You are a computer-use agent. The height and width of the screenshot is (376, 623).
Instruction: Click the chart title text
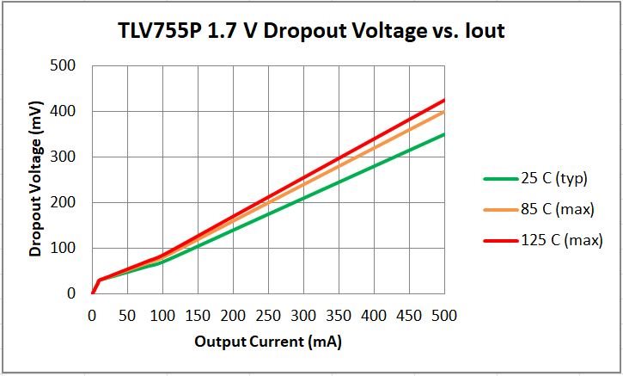pos(310,32)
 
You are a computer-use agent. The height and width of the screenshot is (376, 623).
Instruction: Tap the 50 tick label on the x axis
pos(127,315)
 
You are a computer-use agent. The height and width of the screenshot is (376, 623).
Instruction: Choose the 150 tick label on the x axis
pos(198,315)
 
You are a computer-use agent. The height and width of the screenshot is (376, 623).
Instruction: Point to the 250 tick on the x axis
pos(268,315)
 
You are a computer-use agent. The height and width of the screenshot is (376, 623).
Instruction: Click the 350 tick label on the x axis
pos(339,315)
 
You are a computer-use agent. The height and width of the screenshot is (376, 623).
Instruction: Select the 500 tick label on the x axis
pos(444,315)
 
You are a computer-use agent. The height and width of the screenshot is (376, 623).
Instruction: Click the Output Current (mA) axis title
pos(268,342)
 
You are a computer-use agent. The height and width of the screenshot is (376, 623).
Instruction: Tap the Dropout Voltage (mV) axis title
pos(36,179)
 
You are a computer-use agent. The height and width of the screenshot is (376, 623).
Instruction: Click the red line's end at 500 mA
pos(444,100)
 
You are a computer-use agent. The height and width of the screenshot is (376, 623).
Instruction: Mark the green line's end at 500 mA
pos(444,134)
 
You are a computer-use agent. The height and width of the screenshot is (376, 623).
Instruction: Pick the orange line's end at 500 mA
pos(444,111)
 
